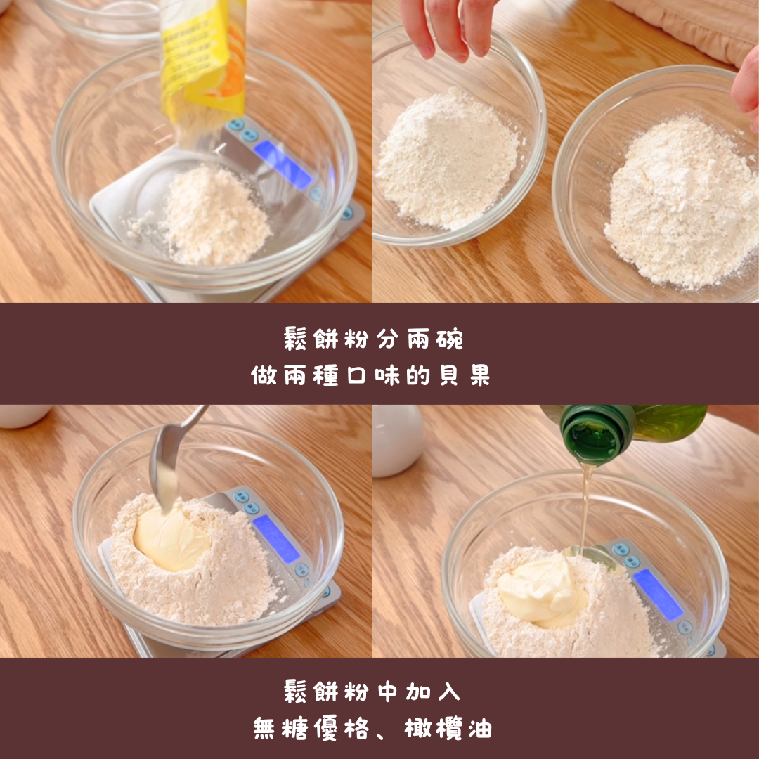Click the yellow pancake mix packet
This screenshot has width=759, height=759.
[203, 63]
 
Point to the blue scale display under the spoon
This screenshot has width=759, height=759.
[276, 539]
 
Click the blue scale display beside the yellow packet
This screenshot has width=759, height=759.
[283, 165]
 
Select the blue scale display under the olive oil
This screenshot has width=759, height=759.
[658, 595]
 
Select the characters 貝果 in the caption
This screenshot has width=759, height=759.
[465, 375]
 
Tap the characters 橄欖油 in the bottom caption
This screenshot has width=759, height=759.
[448, 728]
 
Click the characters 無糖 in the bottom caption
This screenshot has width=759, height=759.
[280, 728]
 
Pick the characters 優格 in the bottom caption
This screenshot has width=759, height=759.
[342, 728]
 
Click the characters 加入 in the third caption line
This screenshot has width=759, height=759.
[433, 691]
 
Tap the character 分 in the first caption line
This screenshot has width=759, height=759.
[388, 338]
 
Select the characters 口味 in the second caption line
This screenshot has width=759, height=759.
[373, 375]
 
